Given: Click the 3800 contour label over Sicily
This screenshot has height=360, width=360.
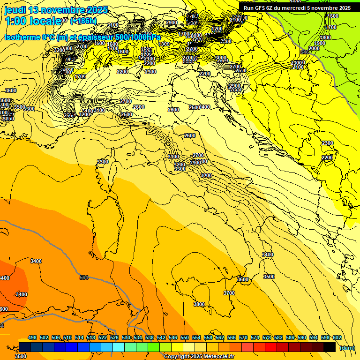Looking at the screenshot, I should (199, 304).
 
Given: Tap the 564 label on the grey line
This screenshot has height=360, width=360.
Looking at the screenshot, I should (84, 277).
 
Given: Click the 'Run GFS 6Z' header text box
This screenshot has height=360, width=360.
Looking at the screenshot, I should (297, 8).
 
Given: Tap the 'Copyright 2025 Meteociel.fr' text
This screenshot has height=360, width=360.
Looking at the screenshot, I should (199, 356).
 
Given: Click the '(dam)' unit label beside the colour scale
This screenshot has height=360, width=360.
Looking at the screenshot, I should (347, 348).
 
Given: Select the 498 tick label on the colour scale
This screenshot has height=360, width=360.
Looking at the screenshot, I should (32, 337).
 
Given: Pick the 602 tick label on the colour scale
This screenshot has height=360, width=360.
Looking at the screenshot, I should (337, 337).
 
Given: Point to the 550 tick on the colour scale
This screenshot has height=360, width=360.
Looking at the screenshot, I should (185, 337).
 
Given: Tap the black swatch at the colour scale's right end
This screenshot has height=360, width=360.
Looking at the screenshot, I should (330, 347).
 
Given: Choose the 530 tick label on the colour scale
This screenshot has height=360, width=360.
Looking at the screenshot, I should (126, 337).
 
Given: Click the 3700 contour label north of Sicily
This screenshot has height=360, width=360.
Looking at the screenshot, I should (229, 293).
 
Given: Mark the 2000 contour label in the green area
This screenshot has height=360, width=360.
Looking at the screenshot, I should (314, 48).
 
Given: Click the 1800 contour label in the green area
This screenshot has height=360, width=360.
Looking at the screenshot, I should (325, 37).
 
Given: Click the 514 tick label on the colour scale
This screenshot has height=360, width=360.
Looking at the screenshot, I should (79, 337).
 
